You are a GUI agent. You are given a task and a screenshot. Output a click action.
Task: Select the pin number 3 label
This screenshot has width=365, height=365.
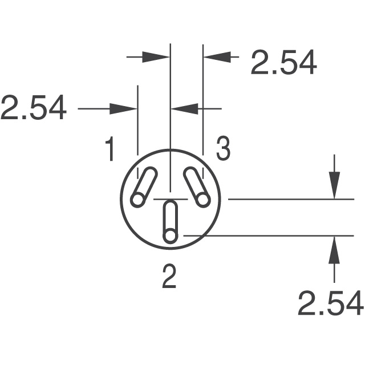pos(222,149)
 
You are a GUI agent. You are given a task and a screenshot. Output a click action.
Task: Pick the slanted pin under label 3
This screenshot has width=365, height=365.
pos(195,186)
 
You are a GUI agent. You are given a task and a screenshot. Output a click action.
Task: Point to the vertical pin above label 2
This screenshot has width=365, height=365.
pos(169,222)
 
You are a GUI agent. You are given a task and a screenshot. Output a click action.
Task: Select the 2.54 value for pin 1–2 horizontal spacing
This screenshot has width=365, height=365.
pos(33,108)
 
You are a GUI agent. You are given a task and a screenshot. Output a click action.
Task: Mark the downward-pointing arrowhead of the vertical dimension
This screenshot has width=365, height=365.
pos(334,188)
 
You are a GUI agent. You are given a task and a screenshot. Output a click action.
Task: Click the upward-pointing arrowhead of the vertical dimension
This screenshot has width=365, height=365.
pos(334,246)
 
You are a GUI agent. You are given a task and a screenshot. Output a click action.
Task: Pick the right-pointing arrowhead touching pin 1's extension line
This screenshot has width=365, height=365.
pos(126,108)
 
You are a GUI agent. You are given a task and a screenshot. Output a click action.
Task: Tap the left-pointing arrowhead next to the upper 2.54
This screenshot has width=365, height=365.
pos(216,57)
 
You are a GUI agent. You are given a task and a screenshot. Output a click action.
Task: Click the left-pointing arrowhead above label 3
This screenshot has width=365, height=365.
pos(184,108)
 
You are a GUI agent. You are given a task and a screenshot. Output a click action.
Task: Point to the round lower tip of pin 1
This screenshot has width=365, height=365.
pos(137,199)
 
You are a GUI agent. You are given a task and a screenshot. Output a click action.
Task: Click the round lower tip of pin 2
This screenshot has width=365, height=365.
pos(169,236)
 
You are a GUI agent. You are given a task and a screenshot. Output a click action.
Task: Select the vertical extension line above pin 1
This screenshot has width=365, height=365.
pos(138,120)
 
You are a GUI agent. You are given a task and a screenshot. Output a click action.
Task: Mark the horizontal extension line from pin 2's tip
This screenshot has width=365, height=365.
pos(268,235)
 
